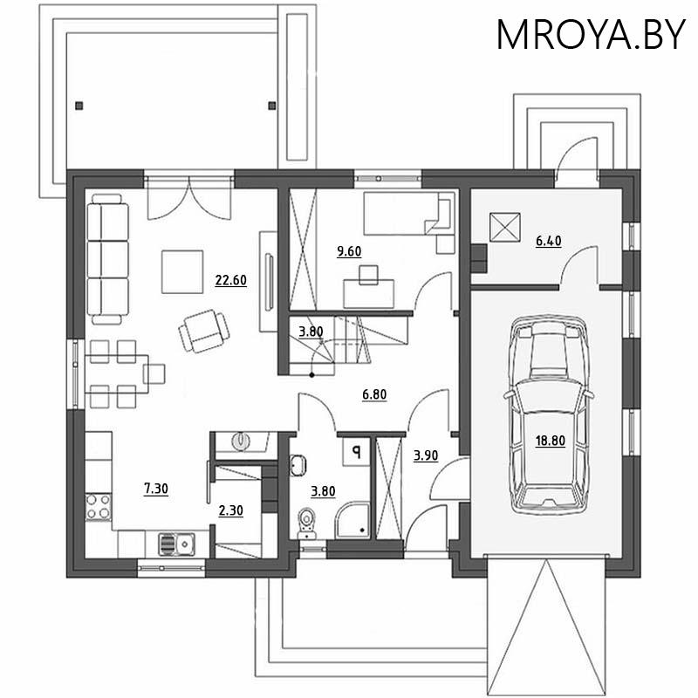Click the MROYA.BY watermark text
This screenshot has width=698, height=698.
(591, 34)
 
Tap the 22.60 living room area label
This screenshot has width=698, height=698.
(230, 280)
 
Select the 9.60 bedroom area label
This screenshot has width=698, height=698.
(349, 251)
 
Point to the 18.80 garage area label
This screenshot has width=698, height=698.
(551, 441)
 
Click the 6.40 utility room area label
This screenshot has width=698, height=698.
(549, 242)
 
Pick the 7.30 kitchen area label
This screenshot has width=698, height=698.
(156, 489)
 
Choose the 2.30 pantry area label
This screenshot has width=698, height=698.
(230, 510)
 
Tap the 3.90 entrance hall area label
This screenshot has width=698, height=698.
(426, 455)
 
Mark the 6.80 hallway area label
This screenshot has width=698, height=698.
(374, 394)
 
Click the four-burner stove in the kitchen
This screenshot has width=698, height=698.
(99, 507)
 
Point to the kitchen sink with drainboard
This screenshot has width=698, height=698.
(176, 544)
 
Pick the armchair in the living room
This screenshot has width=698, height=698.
(204, 332)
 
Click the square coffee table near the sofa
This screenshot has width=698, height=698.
(182, 271)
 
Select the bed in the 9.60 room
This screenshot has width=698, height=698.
(409, 214)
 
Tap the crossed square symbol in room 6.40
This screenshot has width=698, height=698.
(505, 228)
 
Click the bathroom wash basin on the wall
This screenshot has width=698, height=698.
(298, 466)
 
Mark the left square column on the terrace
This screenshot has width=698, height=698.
(79, 106)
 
